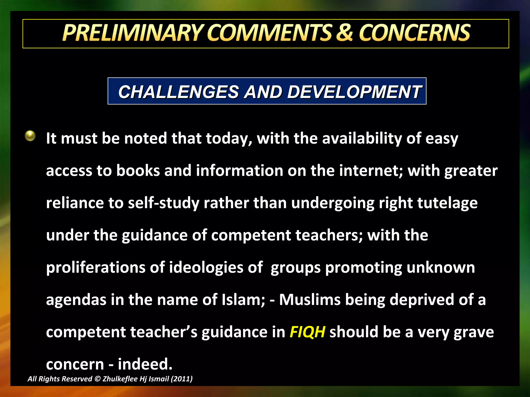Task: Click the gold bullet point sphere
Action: (30, 136)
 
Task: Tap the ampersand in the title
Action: (344, 33)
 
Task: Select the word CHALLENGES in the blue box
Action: (179, 92)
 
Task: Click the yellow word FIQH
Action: (307, 332)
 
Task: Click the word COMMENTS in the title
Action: (269, 33)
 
